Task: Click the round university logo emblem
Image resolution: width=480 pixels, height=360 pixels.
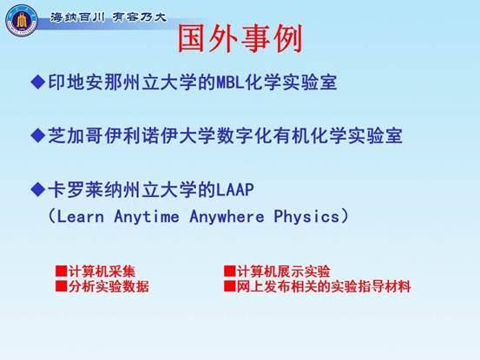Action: (x=21, y=21)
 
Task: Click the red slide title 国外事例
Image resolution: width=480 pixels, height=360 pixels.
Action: (x=240, y=39)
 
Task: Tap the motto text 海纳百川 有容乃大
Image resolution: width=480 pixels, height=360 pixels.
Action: (x=108, y=17)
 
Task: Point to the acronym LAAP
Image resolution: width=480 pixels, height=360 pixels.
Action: (x=235, y=190)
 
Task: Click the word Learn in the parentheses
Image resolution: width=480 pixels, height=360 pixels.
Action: (x=81, y=217)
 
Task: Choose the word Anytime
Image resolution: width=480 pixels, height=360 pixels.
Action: (x=147, y=217)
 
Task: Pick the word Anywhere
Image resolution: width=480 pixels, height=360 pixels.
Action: (x=227, y=217)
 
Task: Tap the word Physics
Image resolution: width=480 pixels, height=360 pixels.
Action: (x=306, y=217)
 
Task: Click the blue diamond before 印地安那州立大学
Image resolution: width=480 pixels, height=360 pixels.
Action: (x=38, y=82)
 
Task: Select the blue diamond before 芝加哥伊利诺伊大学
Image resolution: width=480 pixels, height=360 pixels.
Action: (x=38, y=135)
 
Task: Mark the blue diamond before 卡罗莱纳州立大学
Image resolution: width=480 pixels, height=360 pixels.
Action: (x=38, y=189)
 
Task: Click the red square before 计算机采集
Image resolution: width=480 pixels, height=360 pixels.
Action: (x=62, y=271)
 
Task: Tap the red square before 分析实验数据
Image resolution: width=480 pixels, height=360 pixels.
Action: (x=62, y=286)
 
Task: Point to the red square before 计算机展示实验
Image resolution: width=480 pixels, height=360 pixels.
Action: (x=230, y=271)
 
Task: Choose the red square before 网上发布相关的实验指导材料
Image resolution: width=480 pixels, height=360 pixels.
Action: (x=230, y=286)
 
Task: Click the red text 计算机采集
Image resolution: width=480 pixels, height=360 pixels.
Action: (x=102, y=272)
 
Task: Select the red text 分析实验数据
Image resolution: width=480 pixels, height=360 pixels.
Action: (x=108, y=286)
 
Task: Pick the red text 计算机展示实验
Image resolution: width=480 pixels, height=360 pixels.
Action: (x=284, y=272)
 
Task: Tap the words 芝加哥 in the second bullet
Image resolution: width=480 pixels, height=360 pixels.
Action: (x=76, y=135)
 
